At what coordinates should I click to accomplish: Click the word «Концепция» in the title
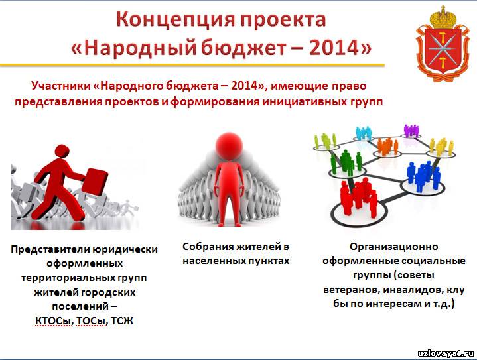click(x=176, y=19)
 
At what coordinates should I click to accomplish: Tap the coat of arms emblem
click(x=442, y=44)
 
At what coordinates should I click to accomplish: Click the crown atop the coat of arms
click(x=443, y=17)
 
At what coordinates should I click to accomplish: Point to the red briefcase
click(x=95, y=182)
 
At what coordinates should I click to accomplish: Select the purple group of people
click(x=411, y=130)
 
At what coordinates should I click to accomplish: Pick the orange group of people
click(x=387, y=146)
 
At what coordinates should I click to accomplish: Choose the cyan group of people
click(x=364, y=133)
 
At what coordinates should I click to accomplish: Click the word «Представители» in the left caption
click(x=50, y=249)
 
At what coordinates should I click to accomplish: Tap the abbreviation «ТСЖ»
click(x=122, y=321)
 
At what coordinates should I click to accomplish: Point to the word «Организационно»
click(x=394, y=246)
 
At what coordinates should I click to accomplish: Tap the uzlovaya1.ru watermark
click(x=445, y=353)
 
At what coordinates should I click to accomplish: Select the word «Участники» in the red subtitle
click(x=61, y=86)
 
